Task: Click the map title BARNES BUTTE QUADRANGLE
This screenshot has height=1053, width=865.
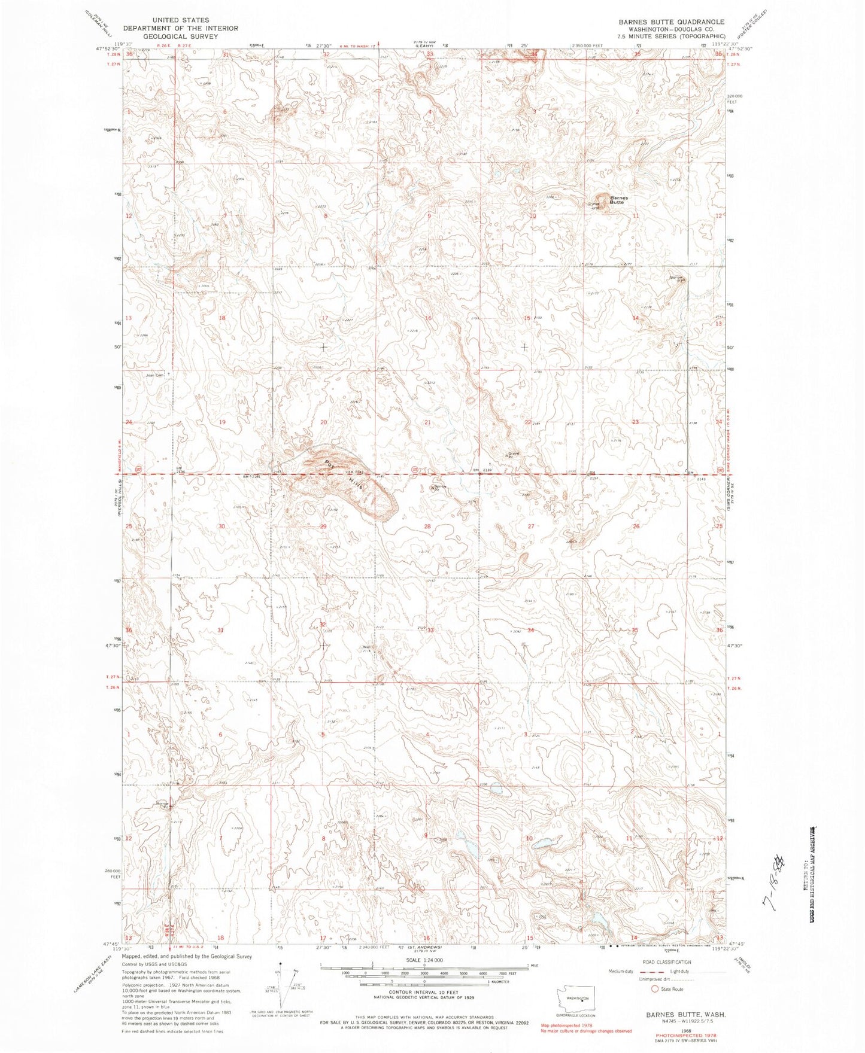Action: [671, 22]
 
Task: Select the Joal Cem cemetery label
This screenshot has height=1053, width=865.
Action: [156, 376]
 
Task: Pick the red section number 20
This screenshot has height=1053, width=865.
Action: [324, 422]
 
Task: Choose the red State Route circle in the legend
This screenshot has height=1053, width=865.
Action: [655, 989]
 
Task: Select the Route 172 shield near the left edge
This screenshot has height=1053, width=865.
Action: [139, 468]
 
